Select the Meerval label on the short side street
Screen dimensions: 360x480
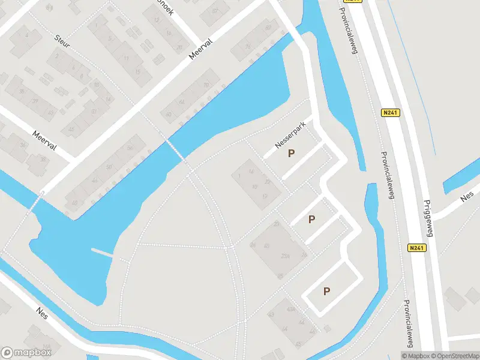click(x=44, y=140)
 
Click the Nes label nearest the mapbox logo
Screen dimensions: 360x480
click(x=42, y=313)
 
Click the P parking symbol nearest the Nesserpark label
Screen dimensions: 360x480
click(x=291, y=154)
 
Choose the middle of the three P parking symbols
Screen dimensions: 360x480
click(x=311, y=220)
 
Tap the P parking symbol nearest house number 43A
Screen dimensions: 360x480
click(x=327, y=292)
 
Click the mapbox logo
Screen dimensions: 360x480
click(x=26, y=352)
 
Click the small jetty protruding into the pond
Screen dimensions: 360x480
click(x=102, y=253)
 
